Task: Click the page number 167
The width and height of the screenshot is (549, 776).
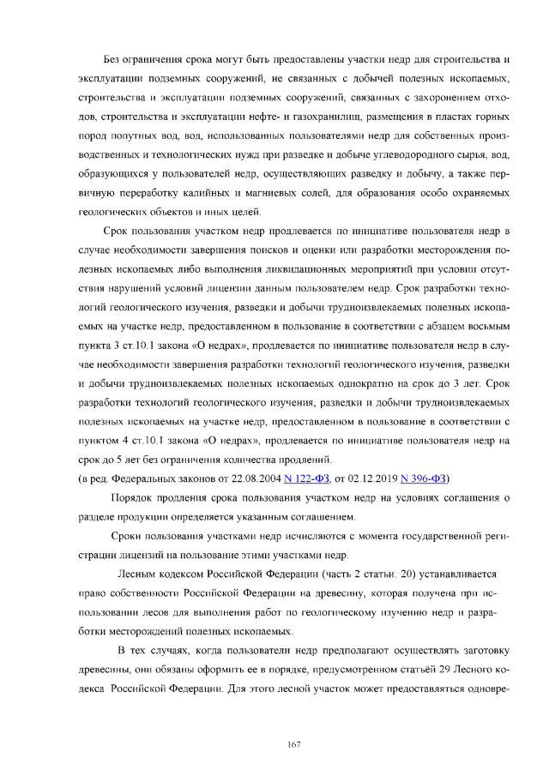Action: [x=293, y=743]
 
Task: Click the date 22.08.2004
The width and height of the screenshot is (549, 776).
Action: [x=258, y=478]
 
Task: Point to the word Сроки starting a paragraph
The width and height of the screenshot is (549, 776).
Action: [x=129, y=535]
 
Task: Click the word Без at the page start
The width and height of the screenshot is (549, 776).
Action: [x=113, y=60]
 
